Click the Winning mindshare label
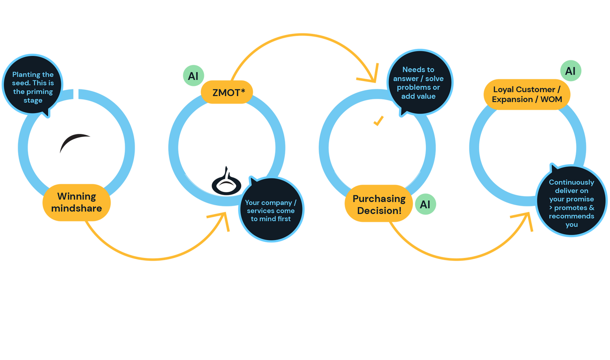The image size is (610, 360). pos(76,202)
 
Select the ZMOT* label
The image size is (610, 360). pos(228,93)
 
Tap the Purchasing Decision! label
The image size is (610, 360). pos(379,204)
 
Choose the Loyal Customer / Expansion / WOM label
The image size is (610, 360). pos(527,95)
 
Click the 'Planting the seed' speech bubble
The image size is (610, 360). pos(33,87)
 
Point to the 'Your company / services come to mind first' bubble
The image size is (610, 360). pos(271,211)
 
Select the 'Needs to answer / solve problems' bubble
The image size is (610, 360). pos(418,83)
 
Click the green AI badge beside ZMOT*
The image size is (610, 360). pos(193,76)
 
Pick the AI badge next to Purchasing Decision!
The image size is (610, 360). pos(425,204)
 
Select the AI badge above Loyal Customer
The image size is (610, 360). pos(570,71)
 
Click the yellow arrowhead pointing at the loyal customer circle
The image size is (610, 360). pos(523,221)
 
